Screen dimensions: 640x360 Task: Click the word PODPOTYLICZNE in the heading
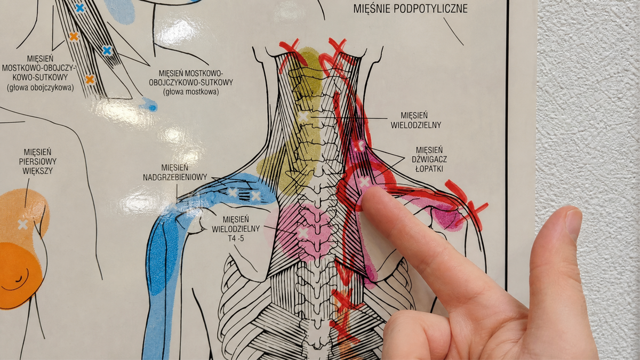pos(430,9)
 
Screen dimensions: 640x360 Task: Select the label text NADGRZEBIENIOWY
pos(175,177)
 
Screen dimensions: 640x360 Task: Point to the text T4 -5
pos(236,238)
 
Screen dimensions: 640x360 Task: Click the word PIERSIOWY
pos(38,162)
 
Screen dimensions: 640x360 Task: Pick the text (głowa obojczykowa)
pos(41,87)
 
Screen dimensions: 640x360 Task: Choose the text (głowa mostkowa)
pos(191,92)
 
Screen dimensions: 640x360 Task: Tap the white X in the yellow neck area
pos(303,117)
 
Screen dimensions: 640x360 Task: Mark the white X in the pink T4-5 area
pos(303,233)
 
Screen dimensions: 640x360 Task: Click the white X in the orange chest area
pos(23,225)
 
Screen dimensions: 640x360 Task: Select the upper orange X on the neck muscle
pos(74,36)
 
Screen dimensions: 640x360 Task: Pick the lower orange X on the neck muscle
pos(90,79)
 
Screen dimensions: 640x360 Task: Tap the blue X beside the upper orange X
pos(107,51)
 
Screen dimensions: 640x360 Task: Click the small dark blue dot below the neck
pos(153,108)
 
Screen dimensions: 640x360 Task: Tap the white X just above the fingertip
pos(364,182)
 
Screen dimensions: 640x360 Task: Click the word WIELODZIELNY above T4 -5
pos(236,229)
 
